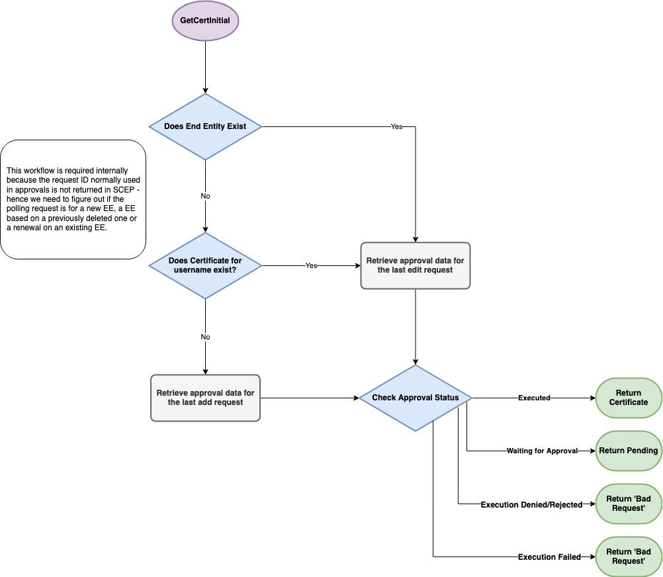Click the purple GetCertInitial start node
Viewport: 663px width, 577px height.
(x=205, y=21)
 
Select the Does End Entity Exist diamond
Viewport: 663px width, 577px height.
(x=205, y=126)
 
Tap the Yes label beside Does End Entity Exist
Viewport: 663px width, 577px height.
(x=396, y=126)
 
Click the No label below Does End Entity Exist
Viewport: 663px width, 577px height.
(x=205, y=197)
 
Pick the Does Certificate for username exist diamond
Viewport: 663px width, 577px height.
(x=205, y=265)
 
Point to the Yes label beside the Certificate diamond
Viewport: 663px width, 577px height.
(x=311, y=265)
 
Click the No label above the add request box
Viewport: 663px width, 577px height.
(x=205, y=337)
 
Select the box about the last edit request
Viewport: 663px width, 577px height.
(x=415, y=265)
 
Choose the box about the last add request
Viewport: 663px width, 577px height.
(x=205, y=398)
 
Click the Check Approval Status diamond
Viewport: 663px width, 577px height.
(x=415, y=398)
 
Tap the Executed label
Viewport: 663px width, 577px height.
(x=534, y=398)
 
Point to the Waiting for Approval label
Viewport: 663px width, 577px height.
(x=542, y=451)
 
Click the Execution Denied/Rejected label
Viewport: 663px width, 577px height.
(x=531, y=505)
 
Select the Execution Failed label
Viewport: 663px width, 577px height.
(x=549, y=557)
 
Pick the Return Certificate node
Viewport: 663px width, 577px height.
(x=629, y=398)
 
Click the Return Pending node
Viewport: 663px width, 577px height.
(x=629, y=451)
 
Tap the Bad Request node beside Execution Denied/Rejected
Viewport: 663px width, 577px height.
(x=629, y=504)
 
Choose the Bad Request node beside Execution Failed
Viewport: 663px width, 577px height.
(x=629, y=556)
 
